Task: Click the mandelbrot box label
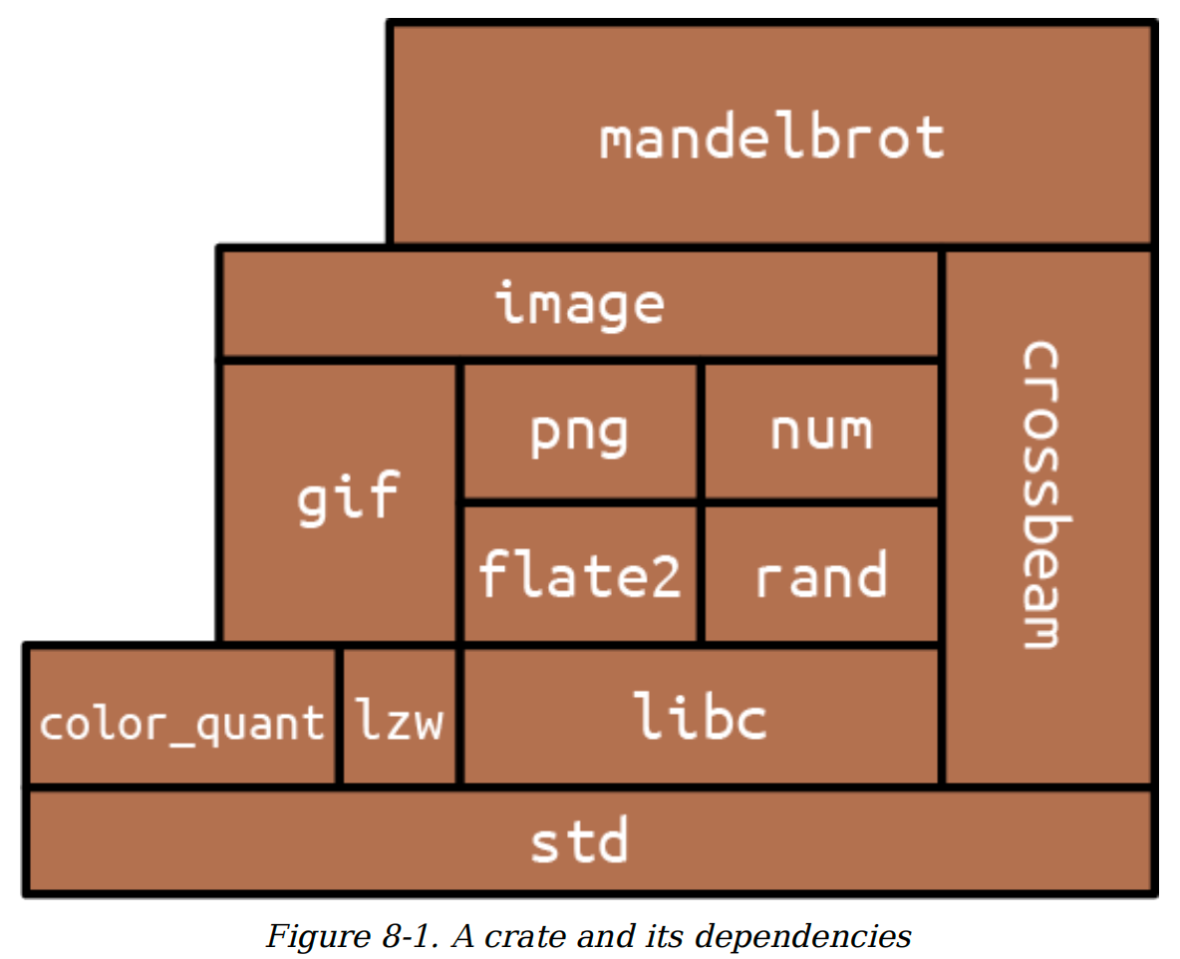pyautogui.click(x=772, y=137)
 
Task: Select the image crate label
pyautogui.click(x=579, y=304)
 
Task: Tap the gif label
pyautogui.click(x=348, y=497)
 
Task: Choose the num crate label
pyautogui.click(x=821, y=432)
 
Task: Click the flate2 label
pyautogui.click(x=579, y=574)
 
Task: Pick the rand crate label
pyautogui.click(x=821, y=575)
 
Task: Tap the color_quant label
pyautogui.click(x=181, y=724)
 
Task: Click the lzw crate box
pyautogui.click(x=399, y=716)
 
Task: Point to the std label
pyautogui.click(x=579, y=839)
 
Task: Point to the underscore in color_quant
pyautogui.click(x=181, y=744)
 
